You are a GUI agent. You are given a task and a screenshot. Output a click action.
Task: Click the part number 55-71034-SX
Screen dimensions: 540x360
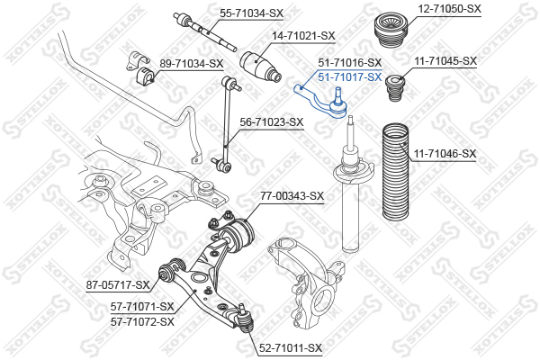click(251, 13)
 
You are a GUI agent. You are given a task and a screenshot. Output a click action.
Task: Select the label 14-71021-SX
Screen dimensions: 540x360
click(303, 35)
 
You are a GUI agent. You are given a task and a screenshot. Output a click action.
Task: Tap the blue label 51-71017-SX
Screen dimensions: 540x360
click(350, 76)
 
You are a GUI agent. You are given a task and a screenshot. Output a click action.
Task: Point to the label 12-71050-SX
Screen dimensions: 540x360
click(449, 8)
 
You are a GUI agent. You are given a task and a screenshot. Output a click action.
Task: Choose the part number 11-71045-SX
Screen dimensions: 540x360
click(445, 61)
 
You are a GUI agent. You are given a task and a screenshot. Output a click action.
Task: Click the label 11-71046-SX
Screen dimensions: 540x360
click(445, 154)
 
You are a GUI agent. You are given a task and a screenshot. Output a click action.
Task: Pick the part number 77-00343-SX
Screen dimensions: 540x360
click(292, 196)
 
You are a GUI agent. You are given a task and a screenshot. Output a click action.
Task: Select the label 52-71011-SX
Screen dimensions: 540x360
click(291, 348)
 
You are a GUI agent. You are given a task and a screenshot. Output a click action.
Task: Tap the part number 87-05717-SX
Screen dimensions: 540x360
click(118, 285)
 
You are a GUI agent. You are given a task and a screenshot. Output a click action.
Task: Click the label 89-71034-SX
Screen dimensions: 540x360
click(191, 63)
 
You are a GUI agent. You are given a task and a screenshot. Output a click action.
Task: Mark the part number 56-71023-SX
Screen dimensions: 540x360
click(272, 122)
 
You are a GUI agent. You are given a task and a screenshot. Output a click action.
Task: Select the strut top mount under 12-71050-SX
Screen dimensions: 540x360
click(391, 31)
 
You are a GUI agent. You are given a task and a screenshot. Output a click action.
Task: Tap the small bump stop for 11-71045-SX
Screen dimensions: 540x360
click(394, 88)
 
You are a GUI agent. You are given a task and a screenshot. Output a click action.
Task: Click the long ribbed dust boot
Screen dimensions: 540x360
click(396, 172)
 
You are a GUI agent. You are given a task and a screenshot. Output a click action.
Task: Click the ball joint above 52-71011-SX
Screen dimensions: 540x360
click(245, 319)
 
